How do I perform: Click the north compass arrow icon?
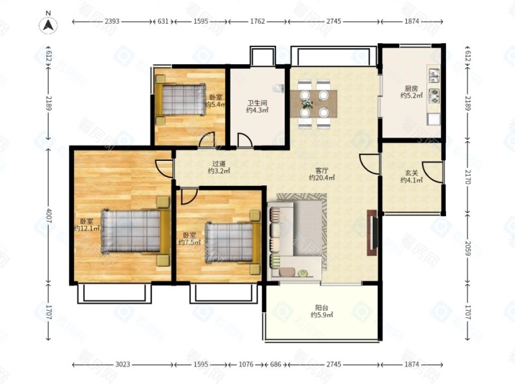[x=48, y=25]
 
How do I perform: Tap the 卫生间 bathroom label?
[x=257, y=103]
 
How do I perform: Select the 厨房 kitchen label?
[x=411, y=88]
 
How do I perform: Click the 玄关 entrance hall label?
[x=411, y=172]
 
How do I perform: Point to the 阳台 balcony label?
[x=321, y=308]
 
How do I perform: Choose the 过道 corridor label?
[x=219, y=163]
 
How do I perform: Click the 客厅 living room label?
[x=321, y=170]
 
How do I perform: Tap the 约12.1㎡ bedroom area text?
[x=87, y=228]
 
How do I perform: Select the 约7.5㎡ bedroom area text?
[x=189, y=243]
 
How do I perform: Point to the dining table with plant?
[x=314, y=104]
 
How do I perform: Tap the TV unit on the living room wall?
[x=372, y=233]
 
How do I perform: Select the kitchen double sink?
[x=434, y=75]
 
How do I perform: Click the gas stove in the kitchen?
[x=434, y=95]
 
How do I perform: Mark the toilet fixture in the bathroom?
[x=278, y=88]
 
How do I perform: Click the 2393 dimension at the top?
[x=112, y=21]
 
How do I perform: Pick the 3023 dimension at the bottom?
[x=122, y=364]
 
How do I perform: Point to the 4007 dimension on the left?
[x=48, y=216]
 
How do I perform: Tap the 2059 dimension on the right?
[x=468, y=248]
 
